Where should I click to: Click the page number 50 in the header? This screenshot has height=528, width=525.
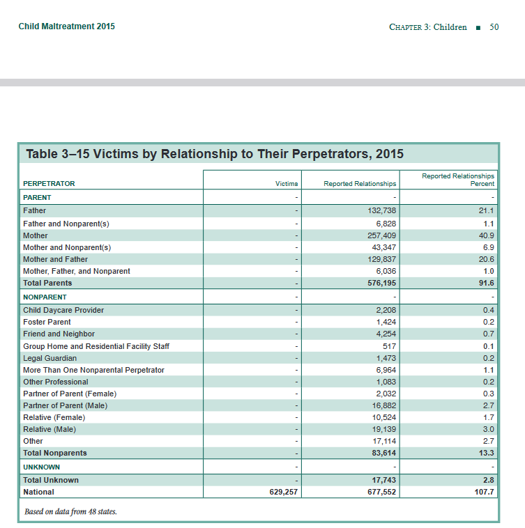tap(494, 27)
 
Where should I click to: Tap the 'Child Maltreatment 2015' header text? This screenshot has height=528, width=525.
tap(67, 26)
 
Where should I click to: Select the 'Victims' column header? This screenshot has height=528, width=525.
tap(287, 184)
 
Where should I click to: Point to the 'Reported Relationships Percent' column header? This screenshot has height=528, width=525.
tap(458, 180)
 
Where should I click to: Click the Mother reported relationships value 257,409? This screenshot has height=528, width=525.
tap(381, 235)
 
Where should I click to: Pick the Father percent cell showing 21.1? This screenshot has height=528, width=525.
tap(488, 210)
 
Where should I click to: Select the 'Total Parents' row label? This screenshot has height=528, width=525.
tap(47, 283)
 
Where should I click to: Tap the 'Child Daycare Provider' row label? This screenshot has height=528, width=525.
tap(63, 310)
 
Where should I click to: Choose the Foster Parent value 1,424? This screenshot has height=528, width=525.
tap(386, 322)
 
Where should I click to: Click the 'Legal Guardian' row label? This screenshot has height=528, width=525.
tap(50, 358)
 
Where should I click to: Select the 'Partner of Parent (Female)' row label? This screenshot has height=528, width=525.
tap(70, 394)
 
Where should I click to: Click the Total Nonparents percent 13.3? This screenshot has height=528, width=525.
tap(487, 453)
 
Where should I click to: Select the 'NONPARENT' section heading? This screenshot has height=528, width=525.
tap(45, 297)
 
